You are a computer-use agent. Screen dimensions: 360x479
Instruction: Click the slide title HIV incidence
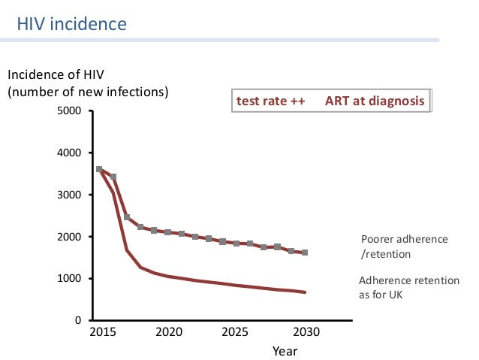pos(72,24)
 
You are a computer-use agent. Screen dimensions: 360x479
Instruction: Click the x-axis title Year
pos(285,350)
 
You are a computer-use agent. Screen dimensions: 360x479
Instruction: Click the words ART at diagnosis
pos(375,101)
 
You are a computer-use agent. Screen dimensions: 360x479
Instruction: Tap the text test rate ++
pos(270,101)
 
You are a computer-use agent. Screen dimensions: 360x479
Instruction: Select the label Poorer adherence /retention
pos(404,246)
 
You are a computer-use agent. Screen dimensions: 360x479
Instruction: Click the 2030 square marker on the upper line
pos(305,253)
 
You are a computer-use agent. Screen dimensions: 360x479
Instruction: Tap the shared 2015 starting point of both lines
pos(100,170)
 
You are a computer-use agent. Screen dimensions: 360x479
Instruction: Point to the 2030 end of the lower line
pos(305,292)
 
